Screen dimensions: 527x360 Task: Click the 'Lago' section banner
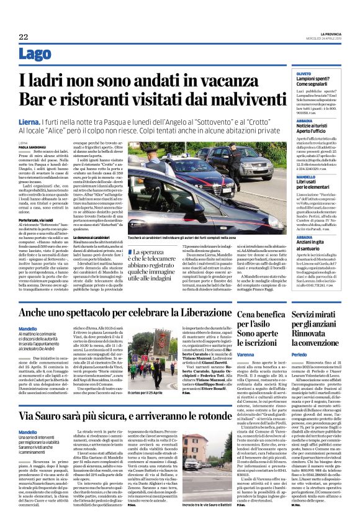coord(35,54)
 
